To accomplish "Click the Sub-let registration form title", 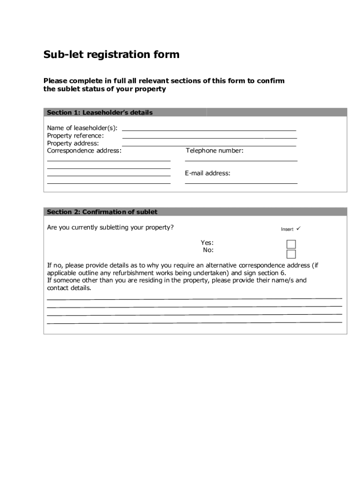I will point(111,55).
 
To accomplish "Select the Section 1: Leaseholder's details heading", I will point(100,113).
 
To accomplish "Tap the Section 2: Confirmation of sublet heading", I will point(102,212).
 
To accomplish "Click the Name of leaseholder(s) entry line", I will point(209,130).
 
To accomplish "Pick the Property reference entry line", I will point(209,138).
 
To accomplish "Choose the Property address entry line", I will point(209,146).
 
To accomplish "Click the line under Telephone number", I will point(241,160).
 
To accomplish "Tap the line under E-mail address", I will point(241,183).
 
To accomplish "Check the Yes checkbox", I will point(291,244).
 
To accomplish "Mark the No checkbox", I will point(291,254).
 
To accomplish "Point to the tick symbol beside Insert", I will point(299,229).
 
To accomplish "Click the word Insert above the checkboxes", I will point(287,229).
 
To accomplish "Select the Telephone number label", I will point(215,151).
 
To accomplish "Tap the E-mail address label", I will point(208,173).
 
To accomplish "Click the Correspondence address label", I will point(84,151).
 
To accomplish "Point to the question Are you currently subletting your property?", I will point(110,227).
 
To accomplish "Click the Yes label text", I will point(207,242).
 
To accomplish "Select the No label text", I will point(208,250).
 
